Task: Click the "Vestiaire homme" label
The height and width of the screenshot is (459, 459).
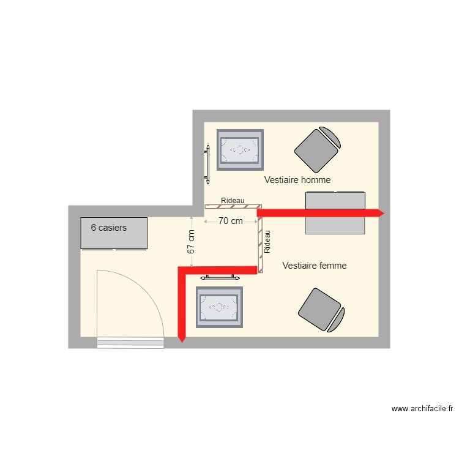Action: coord(297,180)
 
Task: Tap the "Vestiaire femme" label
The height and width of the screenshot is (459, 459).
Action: coord(315,266)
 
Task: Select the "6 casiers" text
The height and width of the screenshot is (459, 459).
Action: coord(109,228)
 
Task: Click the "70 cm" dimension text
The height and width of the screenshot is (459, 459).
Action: coord(231,221)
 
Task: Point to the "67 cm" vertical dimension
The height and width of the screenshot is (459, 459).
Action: coord(191,242)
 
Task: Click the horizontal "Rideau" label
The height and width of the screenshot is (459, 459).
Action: coord(233,201)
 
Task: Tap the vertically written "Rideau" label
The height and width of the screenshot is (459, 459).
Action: coord(267,242)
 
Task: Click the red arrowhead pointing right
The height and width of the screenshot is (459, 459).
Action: coord(380,213)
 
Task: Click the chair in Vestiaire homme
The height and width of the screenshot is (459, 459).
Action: coord(316,149)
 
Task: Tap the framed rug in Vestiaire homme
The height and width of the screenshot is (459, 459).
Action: coord(241,149)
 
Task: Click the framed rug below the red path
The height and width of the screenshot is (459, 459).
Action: coord(219,307)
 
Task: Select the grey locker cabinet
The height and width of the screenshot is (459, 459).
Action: coord(114,233)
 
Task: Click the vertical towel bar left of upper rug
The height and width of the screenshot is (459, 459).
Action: coord(207,164)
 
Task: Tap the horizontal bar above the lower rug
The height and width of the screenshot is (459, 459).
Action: coord(219,277)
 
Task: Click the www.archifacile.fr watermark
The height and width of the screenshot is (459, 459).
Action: coord(422,409)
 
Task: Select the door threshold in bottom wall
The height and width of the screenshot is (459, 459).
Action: coord(130,343)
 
